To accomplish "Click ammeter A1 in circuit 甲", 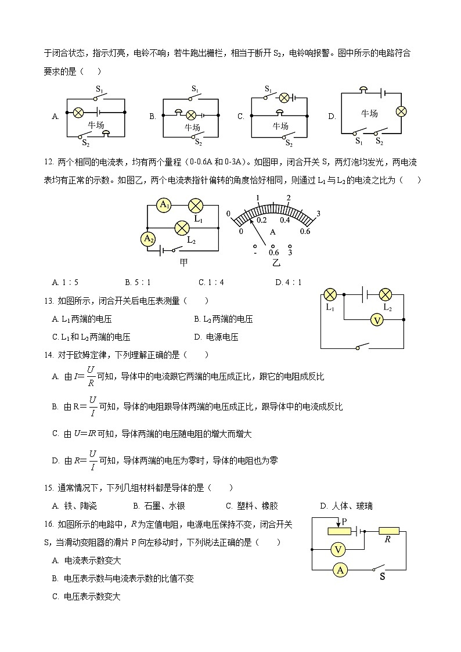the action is [164, 204].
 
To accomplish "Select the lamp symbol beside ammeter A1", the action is [196, 205].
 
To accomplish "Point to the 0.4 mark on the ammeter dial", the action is [284, 220].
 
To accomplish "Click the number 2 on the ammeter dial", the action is [288, 198].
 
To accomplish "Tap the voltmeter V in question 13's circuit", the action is [377, 320].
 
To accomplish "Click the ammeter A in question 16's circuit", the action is [341, 570].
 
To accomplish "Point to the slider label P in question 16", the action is [344, 522].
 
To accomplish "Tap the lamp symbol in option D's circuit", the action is [401, 111].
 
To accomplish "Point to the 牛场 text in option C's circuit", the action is [280, 126].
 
